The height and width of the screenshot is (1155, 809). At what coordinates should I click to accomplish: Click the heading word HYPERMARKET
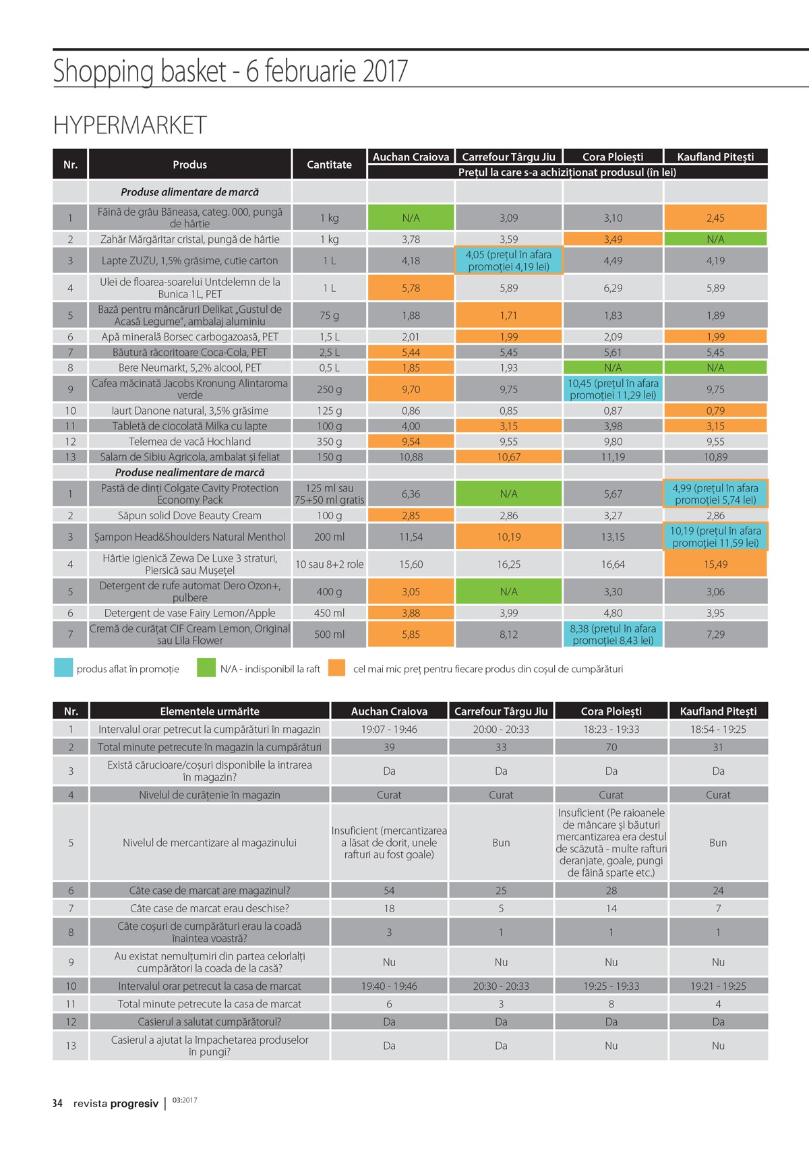coord(129,125)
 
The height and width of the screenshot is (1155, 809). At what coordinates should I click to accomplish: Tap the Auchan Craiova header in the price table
coord(411,157)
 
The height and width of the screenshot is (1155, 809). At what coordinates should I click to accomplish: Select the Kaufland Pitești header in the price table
coord(715,157)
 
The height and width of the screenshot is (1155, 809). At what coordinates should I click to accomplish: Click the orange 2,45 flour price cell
coord(715,218)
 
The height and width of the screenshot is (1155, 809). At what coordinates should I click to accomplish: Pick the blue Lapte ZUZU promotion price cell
coord(508,260)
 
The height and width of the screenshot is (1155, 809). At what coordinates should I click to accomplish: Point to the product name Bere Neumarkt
coord(189,367)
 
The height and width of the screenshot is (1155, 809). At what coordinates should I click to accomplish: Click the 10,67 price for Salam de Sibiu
coord(508,456)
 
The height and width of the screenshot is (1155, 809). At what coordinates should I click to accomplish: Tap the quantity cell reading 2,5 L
coord(329,352)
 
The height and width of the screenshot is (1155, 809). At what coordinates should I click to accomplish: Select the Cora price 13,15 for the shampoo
coord(613,537)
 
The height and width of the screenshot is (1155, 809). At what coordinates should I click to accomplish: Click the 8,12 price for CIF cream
coord(508,634)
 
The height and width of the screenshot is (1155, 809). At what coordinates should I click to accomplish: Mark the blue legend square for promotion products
coord(63,668)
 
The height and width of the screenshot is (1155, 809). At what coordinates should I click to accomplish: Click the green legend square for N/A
coord(206,668)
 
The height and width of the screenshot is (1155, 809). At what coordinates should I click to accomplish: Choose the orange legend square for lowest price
coord(336,668)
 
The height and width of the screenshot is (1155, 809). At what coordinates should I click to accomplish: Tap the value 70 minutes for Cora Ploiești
coord(611,747)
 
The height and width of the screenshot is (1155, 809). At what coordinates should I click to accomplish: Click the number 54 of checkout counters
coord(389,891)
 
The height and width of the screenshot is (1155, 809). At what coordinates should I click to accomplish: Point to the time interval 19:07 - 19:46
coord(389,729)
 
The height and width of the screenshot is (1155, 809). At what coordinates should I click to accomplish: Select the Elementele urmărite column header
coord(210,711)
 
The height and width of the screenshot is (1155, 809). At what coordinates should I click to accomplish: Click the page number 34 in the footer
coord(57,1103)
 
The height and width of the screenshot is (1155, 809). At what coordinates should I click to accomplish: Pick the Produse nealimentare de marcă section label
coord(189,472)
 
